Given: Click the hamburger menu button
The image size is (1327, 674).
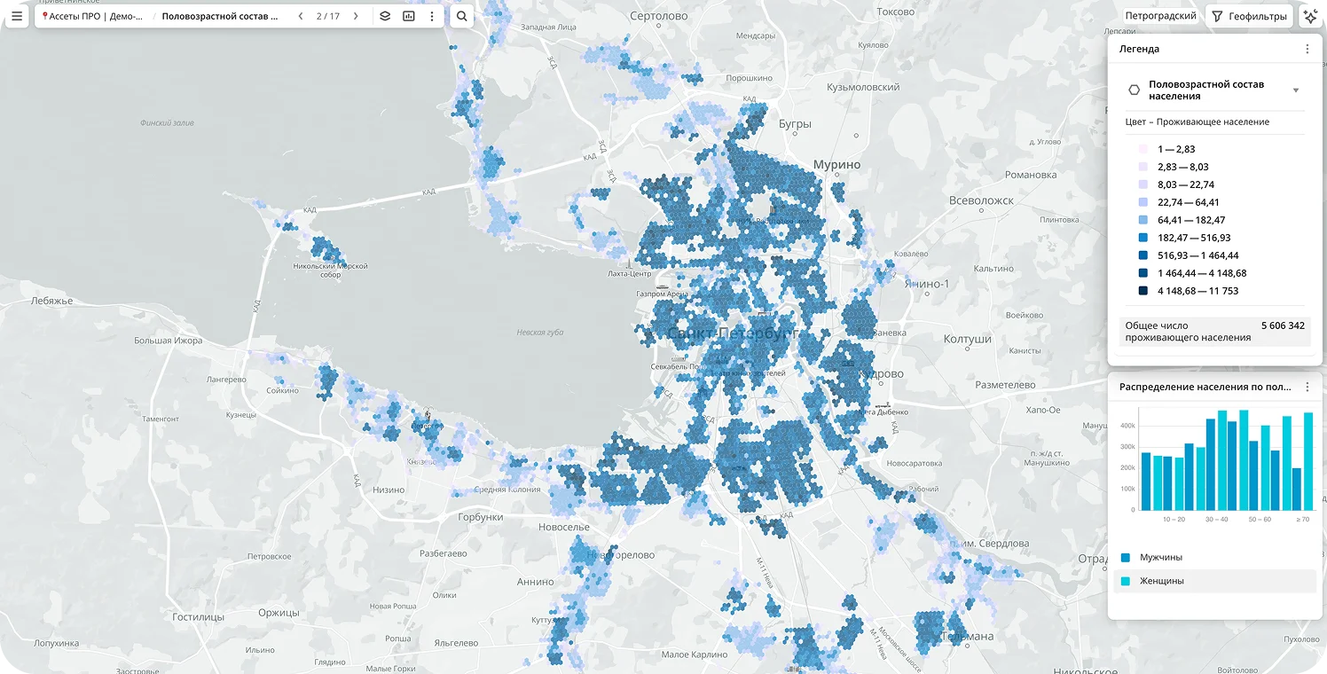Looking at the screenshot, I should tap(17, 16).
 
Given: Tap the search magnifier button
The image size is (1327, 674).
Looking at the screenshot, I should tap(461, 16).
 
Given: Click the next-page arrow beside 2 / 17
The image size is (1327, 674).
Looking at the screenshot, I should tap(356, 16).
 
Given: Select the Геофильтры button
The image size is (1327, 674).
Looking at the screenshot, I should tap(1248, 16).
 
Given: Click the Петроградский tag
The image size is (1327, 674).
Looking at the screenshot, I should tap(1160, 16).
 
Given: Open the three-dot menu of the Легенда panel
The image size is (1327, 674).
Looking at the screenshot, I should tap(1307, 49).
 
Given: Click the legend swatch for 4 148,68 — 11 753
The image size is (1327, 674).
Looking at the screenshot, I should tap(1143, 291).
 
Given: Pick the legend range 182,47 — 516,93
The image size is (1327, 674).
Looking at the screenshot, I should tap(1193, 238).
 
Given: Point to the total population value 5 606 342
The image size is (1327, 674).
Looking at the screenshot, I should tap(1283, 325).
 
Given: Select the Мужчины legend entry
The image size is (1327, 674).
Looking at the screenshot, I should tap(1160, 557).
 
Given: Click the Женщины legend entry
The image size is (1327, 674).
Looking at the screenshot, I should tap(1161, 581).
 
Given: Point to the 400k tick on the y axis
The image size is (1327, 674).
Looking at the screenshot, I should tap(1127, 426).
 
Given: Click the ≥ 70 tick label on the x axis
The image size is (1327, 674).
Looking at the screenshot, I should tap(1302, 519).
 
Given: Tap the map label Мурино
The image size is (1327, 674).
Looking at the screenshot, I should tap(837, 165).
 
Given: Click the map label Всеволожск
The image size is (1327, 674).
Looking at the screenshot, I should tap(981, 200).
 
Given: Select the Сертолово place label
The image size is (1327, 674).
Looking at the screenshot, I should tap(659, 16).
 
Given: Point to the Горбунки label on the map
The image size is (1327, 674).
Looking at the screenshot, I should tap(480, 517).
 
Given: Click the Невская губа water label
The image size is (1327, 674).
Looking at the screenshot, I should tap(540, 333).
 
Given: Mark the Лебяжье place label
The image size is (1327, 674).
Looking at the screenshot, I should tap(52, 301).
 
